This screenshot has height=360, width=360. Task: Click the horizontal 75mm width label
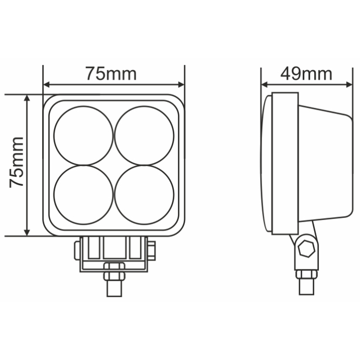pos(111,74)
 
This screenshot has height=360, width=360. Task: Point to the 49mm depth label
pos(306,74)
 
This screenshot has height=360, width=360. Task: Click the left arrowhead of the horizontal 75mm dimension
pos(47,84)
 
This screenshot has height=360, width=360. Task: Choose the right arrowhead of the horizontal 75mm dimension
pos(181,84)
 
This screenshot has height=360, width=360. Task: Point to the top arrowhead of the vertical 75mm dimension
pos(27,98)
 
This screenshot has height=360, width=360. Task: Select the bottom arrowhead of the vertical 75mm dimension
pos(27,232)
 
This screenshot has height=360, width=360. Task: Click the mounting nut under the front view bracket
pos(114,272)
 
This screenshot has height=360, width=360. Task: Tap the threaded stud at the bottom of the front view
pos(114,288)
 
